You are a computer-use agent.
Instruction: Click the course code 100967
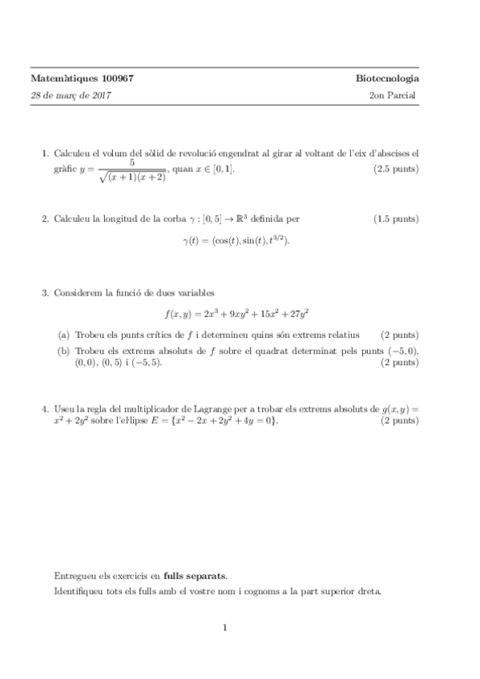click(118, 78)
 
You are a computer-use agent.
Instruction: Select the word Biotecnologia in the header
click(388, 78)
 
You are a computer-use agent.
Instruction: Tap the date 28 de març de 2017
click(71, 95)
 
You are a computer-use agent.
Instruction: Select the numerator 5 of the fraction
click(131, 162)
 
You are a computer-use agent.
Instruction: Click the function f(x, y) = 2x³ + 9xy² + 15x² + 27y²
click(236, 314)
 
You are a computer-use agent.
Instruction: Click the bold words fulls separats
click(195, 575)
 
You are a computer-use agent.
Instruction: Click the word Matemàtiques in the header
click(63, 78)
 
